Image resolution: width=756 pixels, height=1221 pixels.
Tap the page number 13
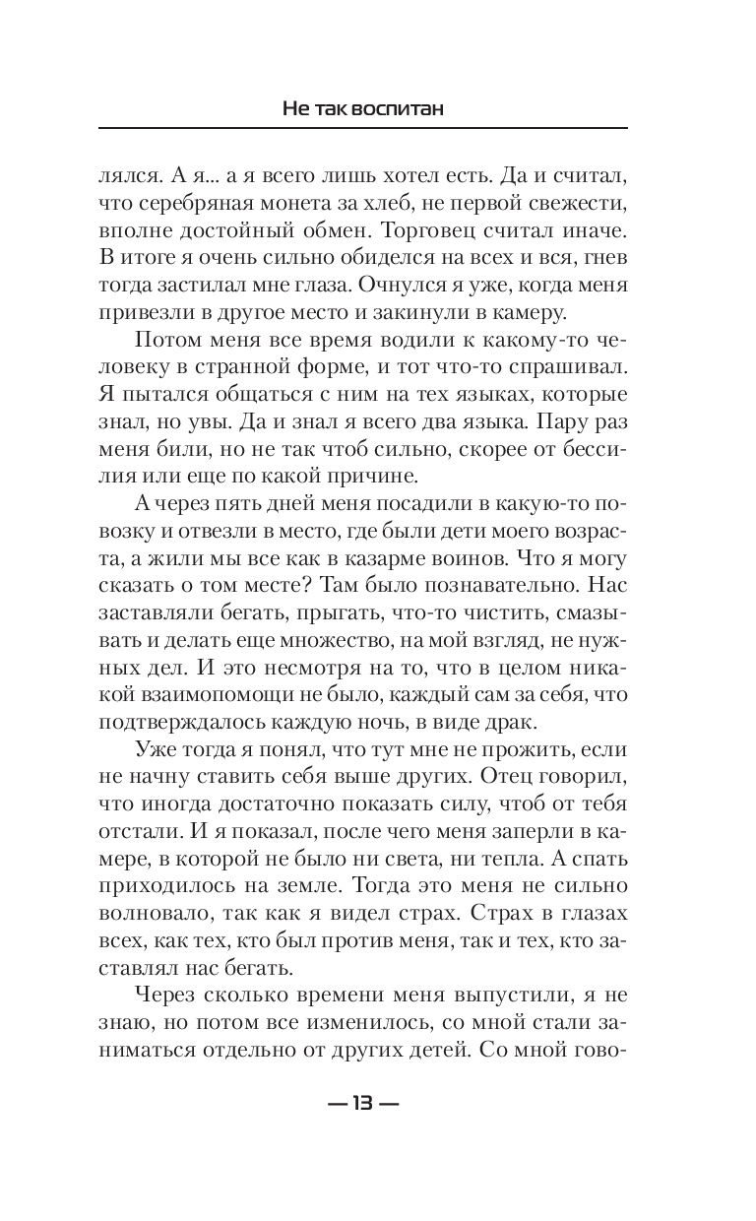(362, 1104)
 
